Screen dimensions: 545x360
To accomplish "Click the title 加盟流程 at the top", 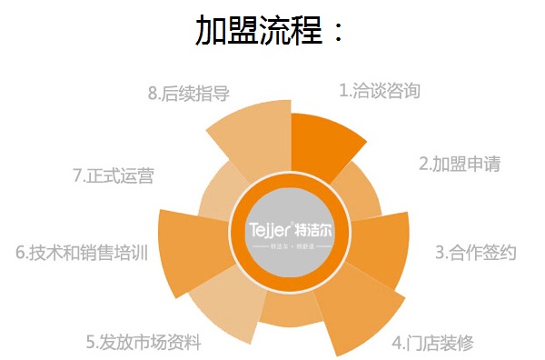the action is (x=271, y=30).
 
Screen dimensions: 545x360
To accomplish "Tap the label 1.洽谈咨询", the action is (x=380, y=91).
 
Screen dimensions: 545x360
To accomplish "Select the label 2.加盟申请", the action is (x=459, y=165).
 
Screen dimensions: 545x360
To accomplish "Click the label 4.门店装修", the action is (x=432, y=343).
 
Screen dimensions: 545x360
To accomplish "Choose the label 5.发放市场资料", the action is (x=144, y=343).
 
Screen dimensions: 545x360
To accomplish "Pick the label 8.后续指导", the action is (x=188, y=93).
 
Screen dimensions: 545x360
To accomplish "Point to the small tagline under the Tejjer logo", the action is (x=291, y=246).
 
